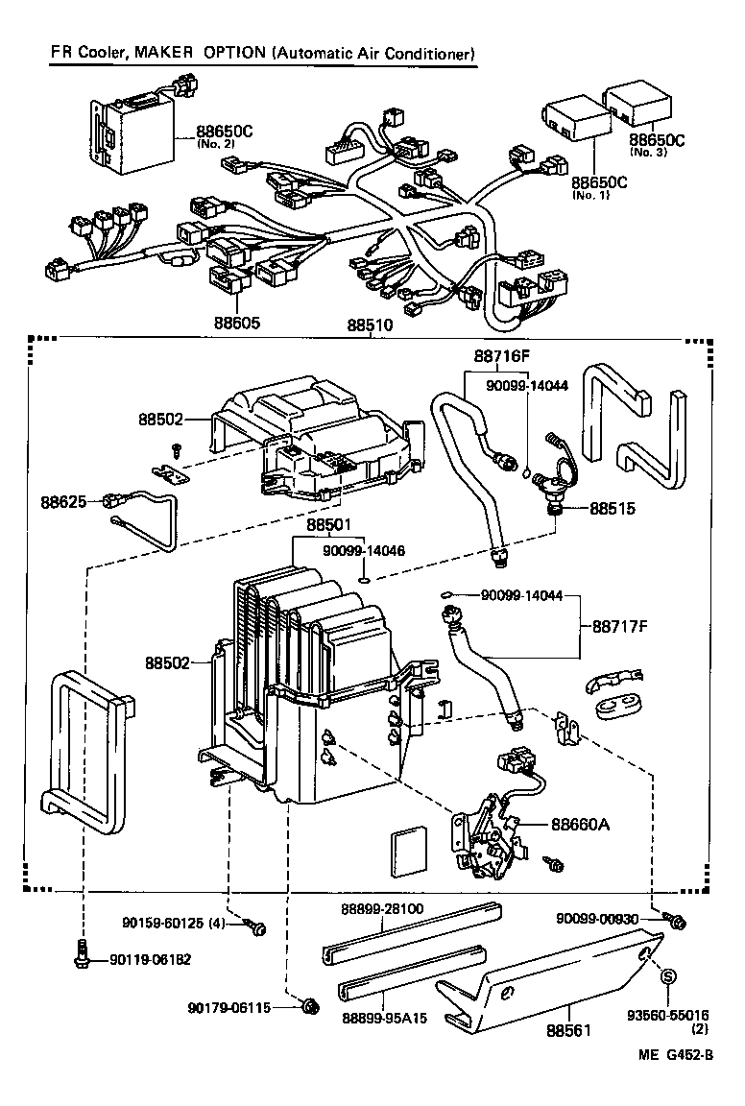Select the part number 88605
[235, 324]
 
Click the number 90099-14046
[364, 551]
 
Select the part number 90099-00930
[597, 919]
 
